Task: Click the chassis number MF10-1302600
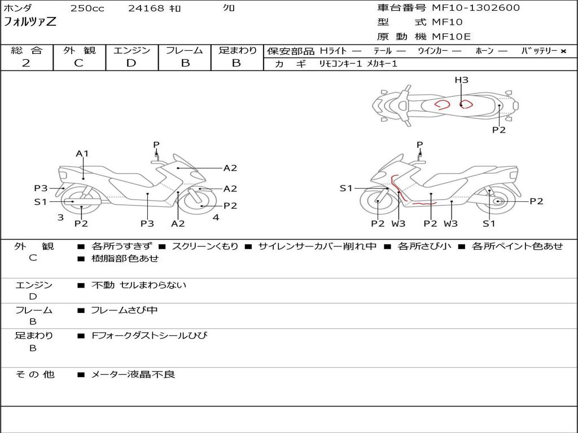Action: (x=476, y=8)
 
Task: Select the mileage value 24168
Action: (x=146, y=8)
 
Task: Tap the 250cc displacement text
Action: (x=87, y=8)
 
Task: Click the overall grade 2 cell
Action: (x=26, y=63)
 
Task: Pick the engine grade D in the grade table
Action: (x=131, y=63)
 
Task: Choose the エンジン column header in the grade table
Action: (x=132, y=51)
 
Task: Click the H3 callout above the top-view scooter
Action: (x=461, y=80)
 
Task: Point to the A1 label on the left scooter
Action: (x=82, y=153)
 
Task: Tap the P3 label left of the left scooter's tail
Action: (x=41, y=188)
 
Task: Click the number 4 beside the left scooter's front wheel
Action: (x=216, y=217)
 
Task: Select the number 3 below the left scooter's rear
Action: (x=60, y=217)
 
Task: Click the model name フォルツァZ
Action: (x=30, y=23)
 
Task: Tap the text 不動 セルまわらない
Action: (x=138, y=285)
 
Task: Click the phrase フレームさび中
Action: (x=124, y=310)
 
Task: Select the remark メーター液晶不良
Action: (x=133, y=374)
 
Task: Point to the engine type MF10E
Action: (x=451, y=37)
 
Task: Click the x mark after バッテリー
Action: (x=563, y=51)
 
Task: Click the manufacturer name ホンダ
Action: (x=18, y=8)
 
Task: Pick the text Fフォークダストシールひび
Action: (x=149, y=335)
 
